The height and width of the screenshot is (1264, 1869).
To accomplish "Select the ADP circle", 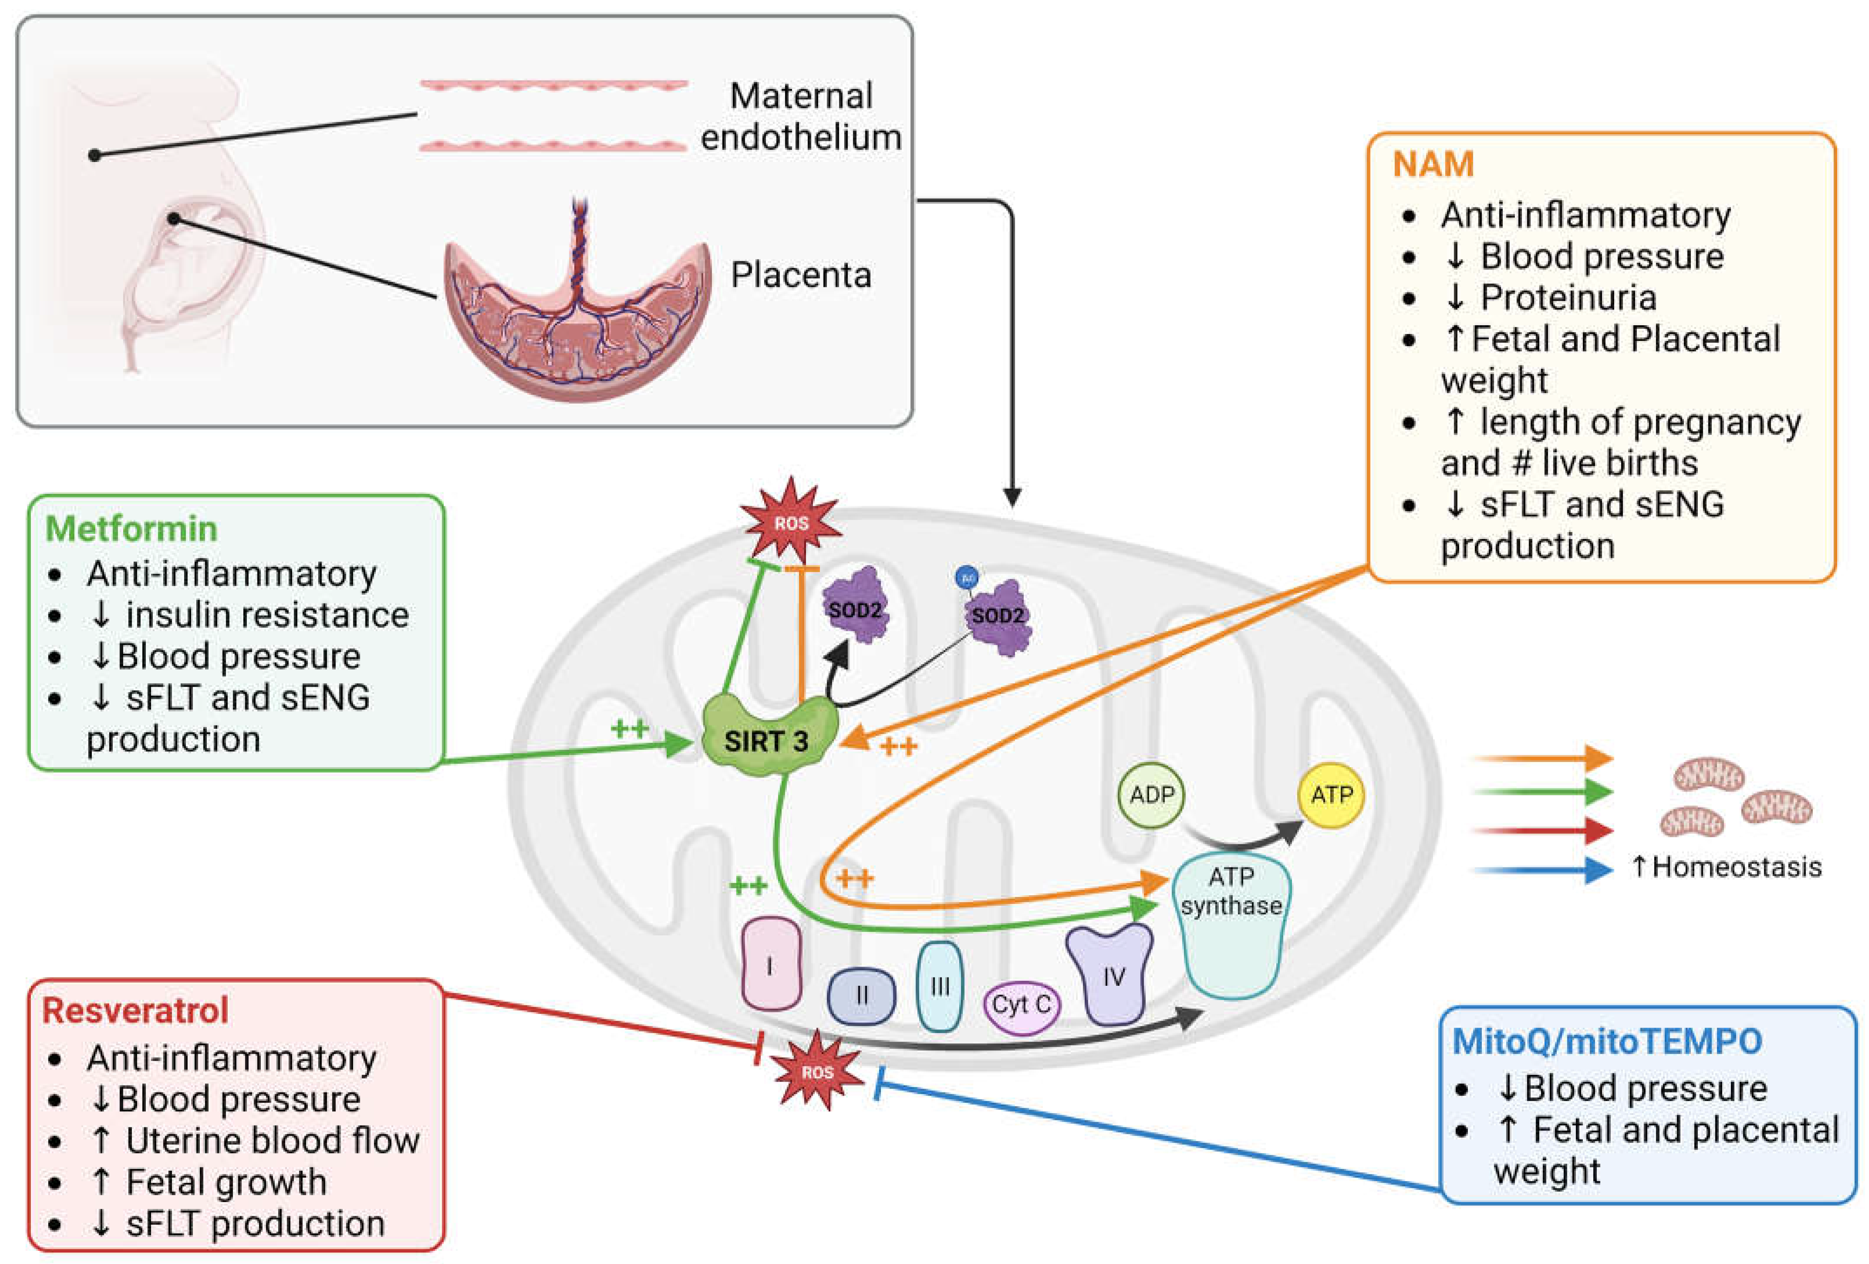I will [x=1152, y=795].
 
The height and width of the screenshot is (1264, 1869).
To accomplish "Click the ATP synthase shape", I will [x=1231, y=925].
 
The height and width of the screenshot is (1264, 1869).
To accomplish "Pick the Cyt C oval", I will [x=1021, y=1004].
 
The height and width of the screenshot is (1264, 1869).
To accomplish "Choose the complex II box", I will [x=861, y=995].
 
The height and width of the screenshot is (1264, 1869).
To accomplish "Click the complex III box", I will [x=939, y=986].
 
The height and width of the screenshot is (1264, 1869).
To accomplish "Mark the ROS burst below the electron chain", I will [x=816, y=1072].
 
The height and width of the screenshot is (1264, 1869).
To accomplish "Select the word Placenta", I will [x=800, y=275].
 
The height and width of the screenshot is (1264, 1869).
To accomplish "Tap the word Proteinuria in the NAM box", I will [x=1568, y=297].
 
